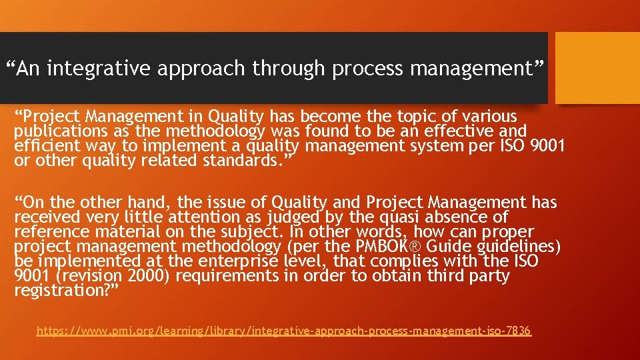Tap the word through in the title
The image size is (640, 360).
pyautogui.click(x=289, y=68)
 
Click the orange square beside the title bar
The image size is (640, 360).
pyautogui.click(x=597, y=67)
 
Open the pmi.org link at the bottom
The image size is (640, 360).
pyautogui.click(x=284, y=331)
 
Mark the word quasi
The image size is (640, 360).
pyautogui.click(x=403, y=217)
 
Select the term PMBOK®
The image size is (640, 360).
pyautogui.click(x=379, y=247)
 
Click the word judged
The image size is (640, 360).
pyautogui.click(x=295, y=217)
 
